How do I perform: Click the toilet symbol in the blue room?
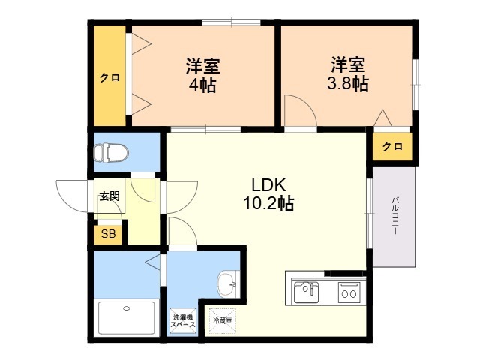tap(110, 153)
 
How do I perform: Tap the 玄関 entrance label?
tap(109, 196)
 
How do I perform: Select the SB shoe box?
tap(109, 234)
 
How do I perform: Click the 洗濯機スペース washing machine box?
tap(184, 321)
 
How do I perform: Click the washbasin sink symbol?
tap(226, 284)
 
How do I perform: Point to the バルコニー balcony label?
tap(394, 217)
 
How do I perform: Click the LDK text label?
tap(267, 185)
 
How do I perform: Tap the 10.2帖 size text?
tap(267, 204)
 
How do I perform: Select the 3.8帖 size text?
tap(347, 83)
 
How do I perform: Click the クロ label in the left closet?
tap(110, 78)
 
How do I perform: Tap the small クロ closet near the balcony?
tap(392, 146)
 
